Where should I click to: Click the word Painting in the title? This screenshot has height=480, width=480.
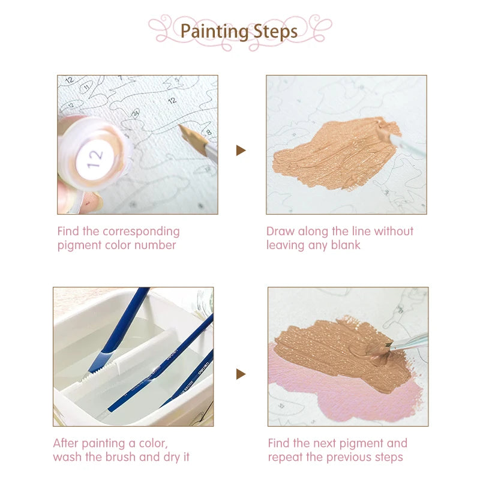(x=214, y=32)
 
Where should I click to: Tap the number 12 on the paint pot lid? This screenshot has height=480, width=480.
(x=95, y=158)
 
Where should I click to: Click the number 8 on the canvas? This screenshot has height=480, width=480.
(x=209, y=132)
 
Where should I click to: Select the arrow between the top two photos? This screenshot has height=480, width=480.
(x=241, y=151)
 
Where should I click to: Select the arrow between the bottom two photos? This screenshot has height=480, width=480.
(x=241, y=374)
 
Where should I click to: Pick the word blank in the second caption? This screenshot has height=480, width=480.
(x=346, y=245)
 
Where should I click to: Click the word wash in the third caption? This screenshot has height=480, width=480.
(x=68, y=457)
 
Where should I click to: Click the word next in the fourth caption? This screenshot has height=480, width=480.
(x=325, y=443)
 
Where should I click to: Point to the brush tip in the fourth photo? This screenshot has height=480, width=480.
(x=388, y=345)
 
